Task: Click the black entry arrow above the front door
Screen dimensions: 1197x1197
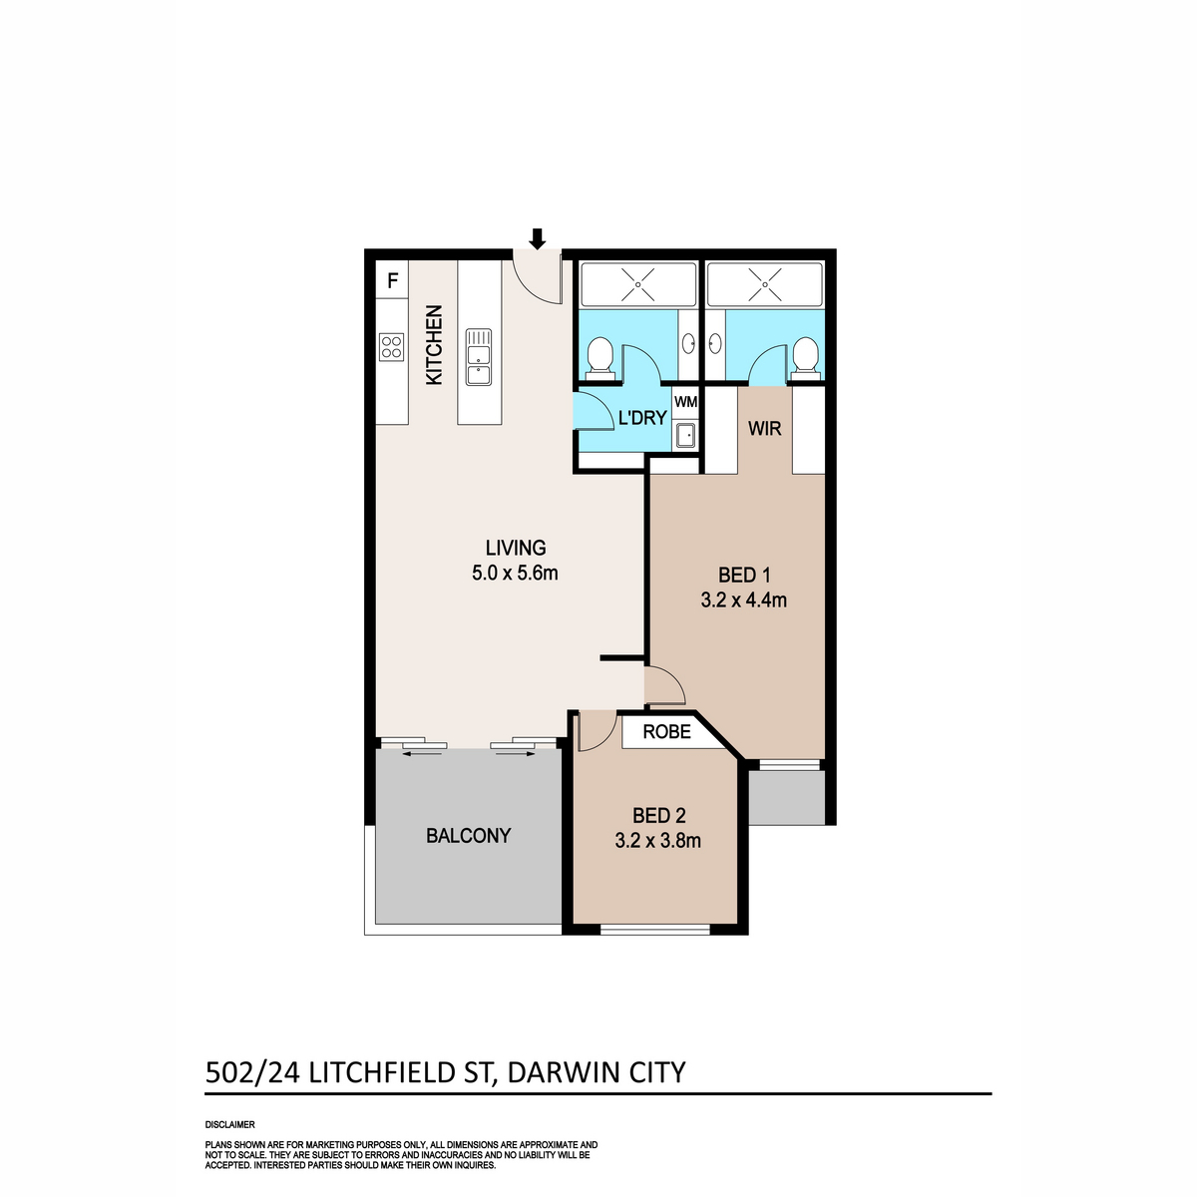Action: [x=538, y=238]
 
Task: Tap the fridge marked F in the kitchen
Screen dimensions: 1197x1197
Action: [x=392, y=280]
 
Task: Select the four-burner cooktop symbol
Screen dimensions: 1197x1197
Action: [x=391, y=346]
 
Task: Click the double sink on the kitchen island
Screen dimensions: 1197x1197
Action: [x=479, y=357]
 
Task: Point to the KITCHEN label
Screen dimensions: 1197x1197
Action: [x=434, y=345]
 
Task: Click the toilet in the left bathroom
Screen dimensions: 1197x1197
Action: [x=599, y=358]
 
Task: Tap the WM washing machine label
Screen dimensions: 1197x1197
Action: [x=686, y=402]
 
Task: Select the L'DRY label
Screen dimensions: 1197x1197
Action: [x=641, y=418]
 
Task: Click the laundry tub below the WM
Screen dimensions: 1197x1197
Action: [x=686, y=436]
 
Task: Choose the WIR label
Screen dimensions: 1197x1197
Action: [x=765, y=429]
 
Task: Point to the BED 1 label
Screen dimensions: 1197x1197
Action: [x=745, y=575]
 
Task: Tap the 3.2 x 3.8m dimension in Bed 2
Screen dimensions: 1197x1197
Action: [x=657, y=840]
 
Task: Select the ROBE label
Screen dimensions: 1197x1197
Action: [x=666, y=731]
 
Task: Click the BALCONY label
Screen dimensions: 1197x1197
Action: [x=468, y=836]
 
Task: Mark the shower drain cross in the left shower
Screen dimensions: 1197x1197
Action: [x=638, y=284]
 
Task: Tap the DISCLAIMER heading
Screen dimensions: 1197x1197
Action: [x=229, y=1124]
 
